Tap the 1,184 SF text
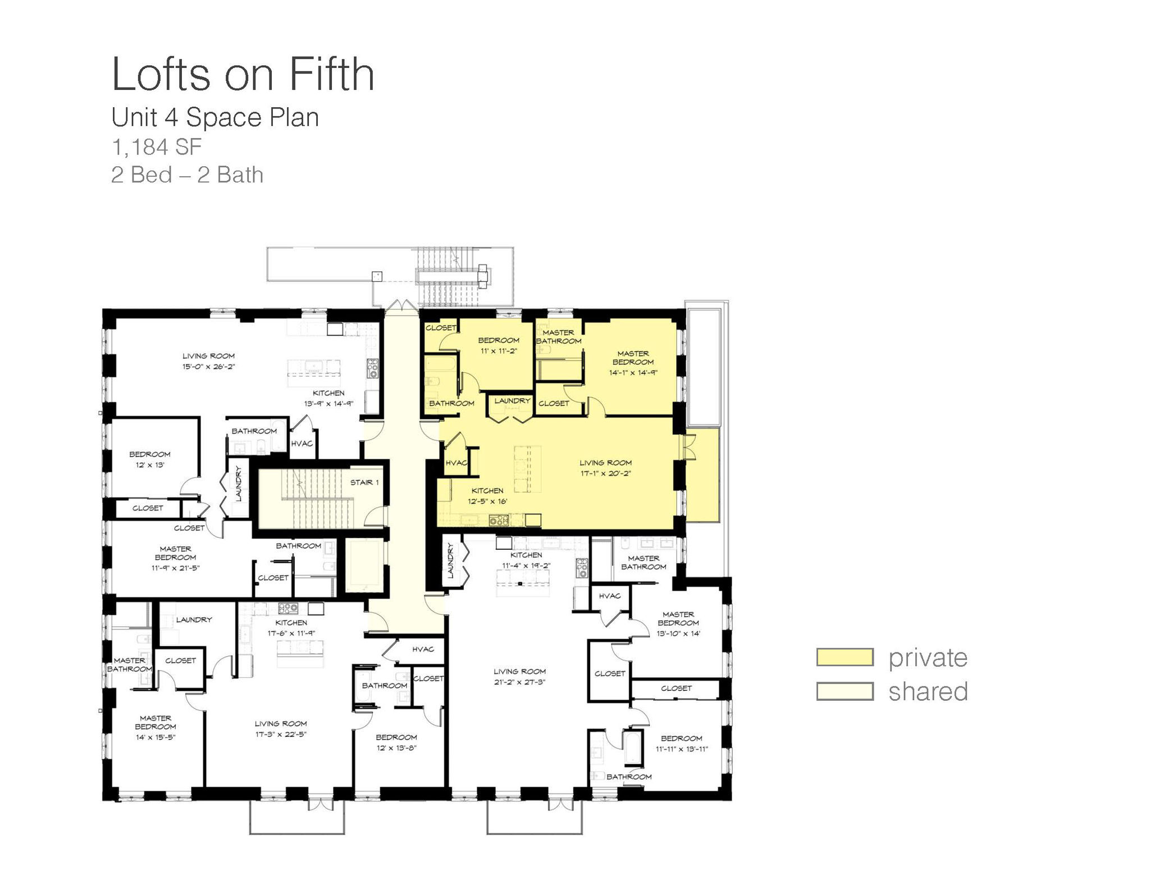(x=157, y=147)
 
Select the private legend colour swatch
(x=845, y=657)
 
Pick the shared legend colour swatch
(x=845, y=691)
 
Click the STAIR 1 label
(x=364, y=482)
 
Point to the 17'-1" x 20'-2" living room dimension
(x=605, y=473)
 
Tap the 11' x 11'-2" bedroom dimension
(x=499, y=351)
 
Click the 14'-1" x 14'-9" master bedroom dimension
(x=633, y=372)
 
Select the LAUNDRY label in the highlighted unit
(x=512, y=400)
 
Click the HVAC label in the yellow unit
(x=456, y=463)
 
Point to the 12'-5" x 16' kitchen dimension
(x=487, y=502)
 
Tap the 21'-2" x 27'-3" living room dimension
(x=519, y=682)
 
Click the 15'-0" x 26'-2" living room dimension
(x=208, y=367)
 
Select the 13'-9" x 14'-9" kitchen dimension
(x=328, y=403)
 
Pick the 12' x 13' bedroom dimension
(x=150, y=465)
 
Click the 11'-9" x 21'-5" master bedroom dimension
(x=175, y=568)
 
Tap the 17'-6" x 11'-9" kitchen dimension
(x=291, y=633)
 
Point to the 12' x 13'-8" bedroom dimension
(x=396, y=747)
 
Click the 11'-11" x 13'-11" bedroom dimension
(x=682, y=749)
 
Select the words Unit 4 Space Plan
(x=215, y=117)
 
